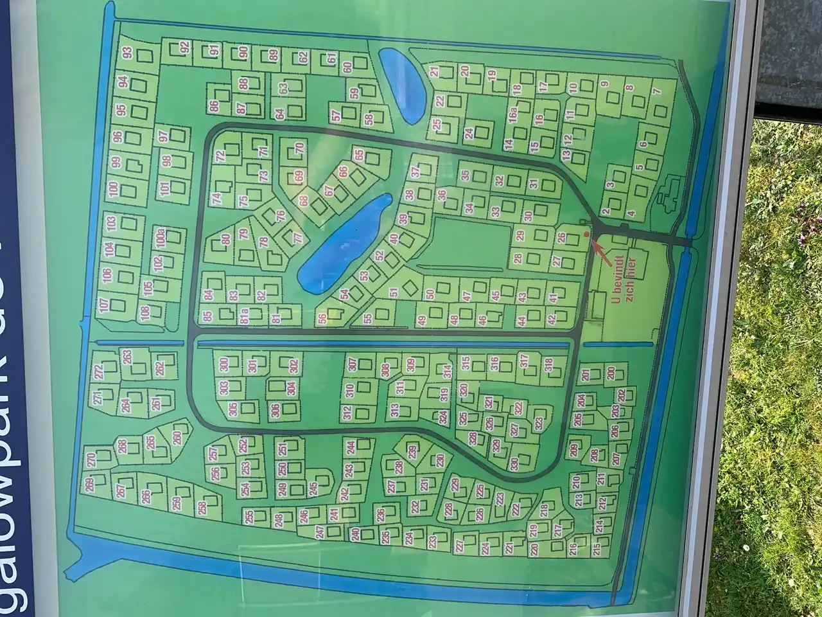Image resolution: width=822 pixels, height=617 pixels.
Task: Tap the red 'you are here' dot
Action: pyautogui.click(x=586, y=235)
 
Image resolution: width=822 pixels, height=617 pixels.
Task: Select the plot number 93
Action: pyautogui.click(x=127, y=53)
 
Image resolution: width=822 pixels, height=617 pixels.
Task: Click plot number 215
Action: pyautogui.click(x=597, y=550)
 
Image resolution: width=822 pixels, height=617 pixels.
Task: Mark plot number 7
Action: pyautogui.click(x=656, y=91)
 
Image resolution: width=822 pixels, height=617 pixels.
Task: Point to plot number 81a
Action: pyautogui.click(x=245, y=316)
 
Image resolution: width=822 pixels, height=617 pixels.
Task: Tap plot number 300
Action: pyautogui.click(x=224, y=364)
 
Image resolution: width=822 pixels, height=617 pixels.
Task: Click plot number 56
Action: pyautogui.click(x=321, y=319)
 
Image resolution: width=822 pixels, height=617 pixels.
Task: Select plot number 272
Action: pyautogui.click(x=98, y=371)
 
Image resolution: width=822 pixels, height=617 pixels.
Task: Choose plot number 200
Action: pyautogui.click(x=611, y=373)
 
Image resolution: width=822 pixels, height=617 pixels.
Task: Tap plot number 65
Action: pyautogui.click(x=359, y=156)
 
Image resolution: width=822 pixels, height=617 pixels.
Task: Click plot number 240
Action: pyautogui.click(x=355, y=534)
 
